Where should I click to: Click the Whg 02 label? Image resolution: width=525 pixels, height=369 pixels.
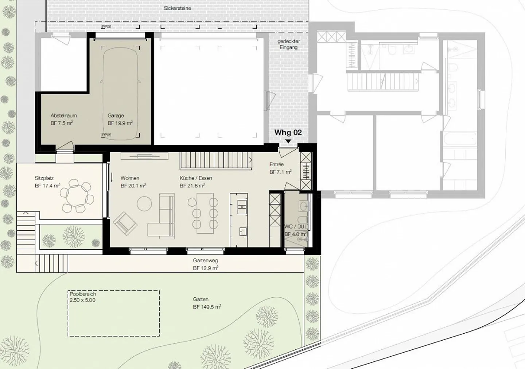coord(288,132)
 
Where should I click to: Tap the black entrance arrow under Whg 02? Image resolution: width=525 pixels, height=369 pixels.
coord(288,141)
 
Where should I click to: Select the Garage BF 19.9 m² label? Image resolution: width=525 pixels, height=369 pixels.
coord(120,119)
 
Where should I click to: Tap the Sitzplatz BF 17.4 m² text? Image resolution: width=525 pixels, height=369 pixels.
coord(47,182)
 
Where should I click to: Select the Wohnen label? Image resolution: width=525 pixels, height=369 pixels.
coord(130,178)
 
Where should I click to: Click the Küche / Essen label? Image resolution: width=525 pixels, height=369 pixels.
coord(196,178)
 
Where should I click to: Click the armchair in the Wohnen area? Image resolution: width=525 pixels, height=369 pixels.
coord(125,222)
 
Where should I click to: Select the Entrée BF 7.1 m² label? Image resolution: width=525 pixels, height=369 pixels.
coord(280,168)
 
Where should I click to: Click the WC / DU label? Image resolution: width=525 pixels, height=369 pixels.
coord(294,227)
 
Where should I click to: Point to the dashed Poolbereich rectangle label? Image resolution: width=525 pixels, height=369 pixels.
coord(82,297)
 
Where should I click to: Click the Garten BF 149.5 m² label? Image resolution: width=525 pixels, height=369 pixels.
coord(207,303)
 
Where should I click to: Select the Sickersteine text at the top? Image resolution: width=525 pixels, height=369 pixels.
coord(178,8)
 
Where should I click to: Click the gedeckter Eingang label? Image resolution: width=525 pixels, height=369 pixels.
coord(288,44)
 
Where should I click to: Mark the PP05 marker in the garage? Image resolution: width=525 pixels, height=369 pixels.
coord(106,135)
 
